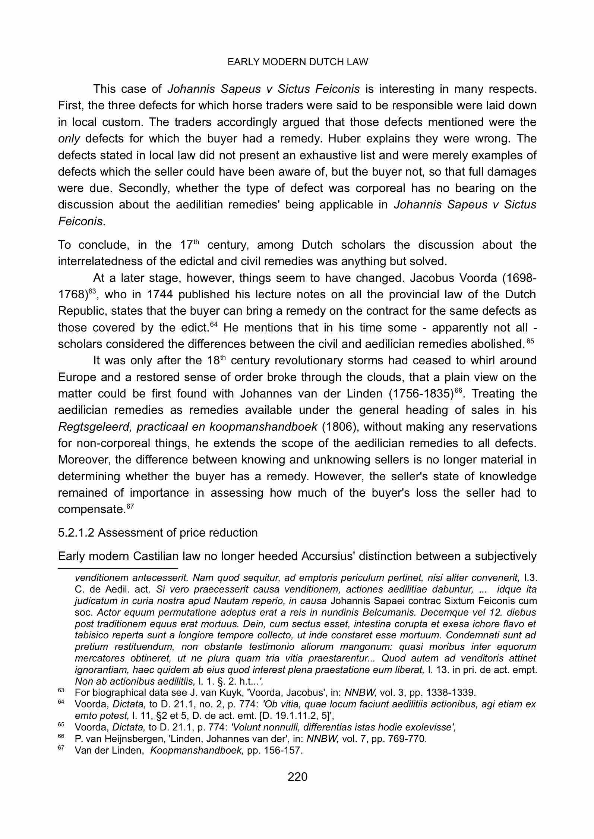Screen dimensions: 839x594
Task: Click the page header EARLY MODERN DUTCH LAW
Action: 297,62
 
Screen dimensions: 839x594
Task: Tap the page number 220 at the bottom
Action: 297,777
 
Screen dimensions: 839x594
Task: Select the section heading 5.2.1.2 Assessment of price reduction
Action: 158,532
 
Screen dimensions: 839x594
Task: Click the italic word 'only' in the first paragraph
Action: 69,139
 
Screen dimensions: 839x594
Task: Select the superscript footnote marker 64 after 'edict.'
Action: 213,324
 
